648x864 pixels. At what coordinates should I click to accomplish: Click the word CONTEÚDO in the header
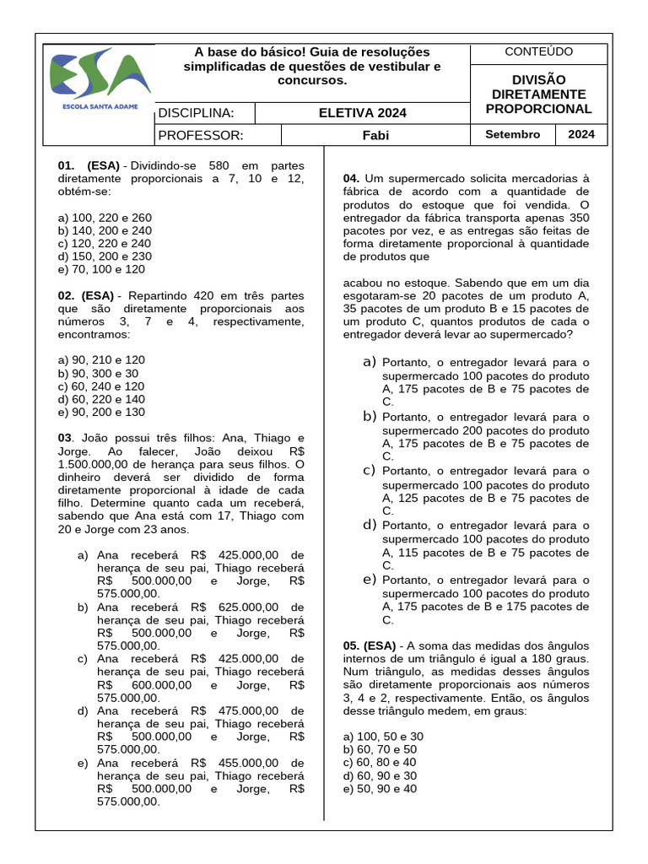click(538, 52)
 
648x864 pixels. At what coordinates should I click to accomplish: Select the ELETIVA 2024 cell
click(362, 113)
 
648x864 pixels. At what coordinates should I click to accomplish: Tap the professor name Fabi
click(375, 135)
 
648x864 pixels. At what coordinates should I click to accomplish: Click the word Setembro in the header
click(512, 135)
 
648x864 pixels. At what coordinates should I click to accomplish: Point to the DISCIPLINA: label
click(196, 113)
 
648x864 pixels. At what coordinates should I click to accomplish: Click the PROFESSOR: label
click(201, 135)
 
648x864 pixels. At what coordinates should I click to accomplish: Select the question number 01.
click(67, 165)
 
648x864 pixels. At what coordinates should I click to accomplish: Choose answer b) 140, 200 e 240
click(105, 230)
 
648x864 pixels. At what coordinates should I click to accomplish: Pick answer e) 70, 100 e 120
click(101, 269)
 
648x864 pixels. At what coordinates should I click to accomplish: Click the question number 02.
click(67, 296)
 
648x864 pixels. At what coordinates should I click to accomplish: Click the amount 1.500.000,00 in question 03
click(100, 465)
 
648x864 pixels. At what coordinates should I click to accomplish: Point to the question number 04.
click(351, 178)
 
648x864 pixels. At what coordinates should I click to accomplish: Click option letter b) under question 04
click(369, 416)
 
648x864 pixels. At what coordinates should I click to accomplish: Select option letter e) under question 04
click(369, 580)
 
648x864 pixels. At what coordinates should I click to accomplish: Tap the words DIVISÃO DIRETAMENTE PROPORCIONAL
click(538, 94)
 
